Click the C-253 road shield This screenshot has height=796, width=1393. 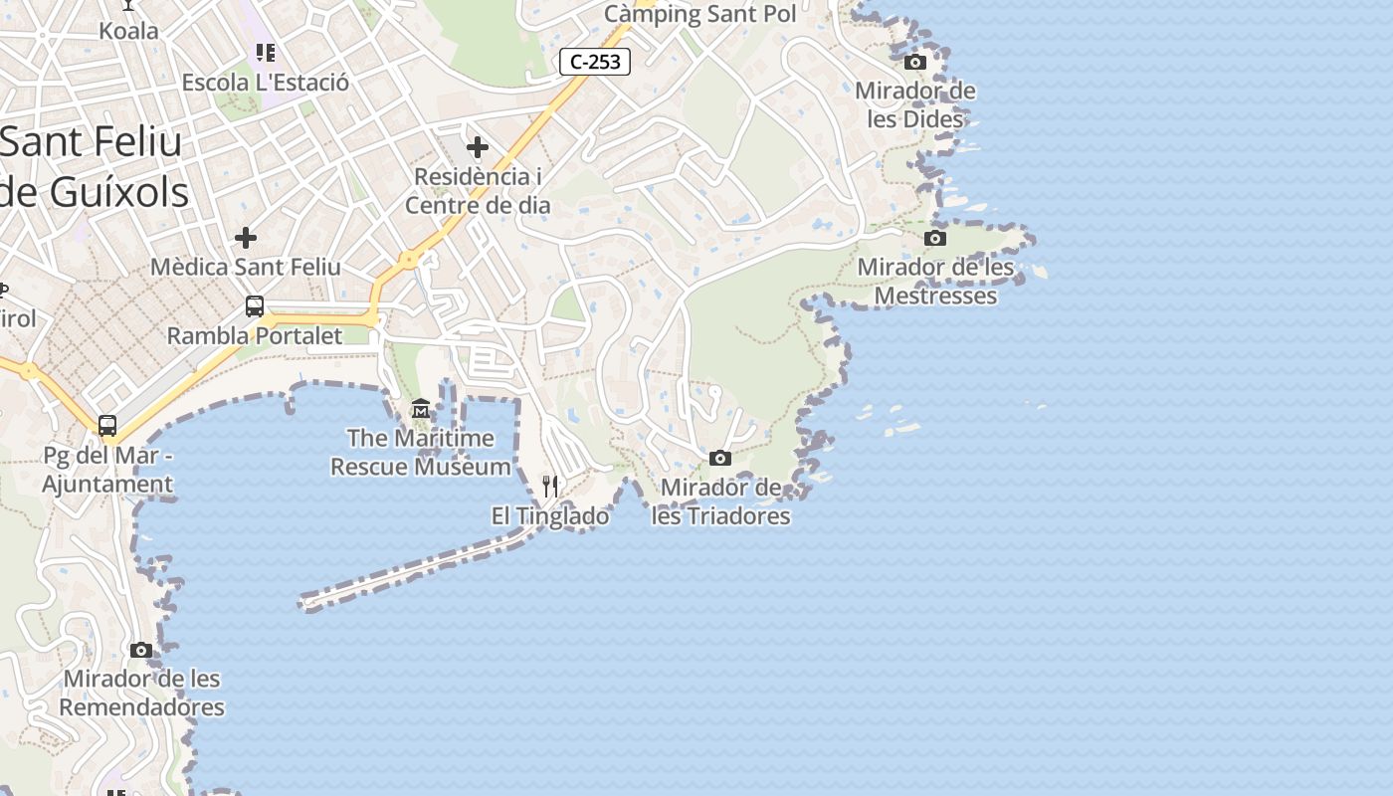pos(595,62)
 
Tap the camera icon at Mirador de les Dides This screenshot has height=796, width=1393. pos(915,63)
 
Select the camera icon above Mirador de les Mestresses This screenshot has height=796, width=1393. pos(935,239)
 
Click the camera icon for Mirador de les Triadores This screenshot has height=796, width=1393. pos(720,459)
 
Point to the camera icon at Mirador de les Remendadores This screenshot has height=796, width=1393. pos(141,651)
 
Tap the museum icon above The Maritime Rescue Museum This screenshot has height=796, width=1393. pos(421,409)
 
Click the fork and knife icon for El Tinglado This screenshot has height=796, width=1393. pos(550,487)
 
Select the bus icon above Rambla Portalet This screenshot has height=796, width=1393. pos(255,306)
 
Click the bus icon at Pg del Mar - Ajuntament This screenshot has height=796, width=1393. pos(107,426)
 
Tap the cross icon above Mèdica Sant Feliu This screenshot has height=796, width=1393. pos(246,238)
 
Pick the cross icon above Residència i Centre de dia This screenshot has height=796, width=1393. pos(478,148)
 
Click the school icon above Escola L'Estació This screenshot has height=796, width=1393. pos(265,53)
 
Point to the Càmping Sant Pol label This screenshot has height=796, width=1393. pos(700,14)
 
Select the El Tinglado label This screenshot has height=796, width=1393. pos(550,516)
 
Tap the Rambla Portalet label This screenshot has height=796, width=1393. pos(255,336)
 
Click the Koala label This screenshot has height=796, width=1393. pos(128,31)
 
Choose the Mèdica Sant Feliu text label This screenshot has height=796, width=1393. pos(246,268)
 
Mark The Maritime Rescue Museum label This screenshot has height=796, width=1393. pos(420,452)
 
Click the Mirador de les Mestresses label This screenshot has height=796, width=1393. pos(935,282)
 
